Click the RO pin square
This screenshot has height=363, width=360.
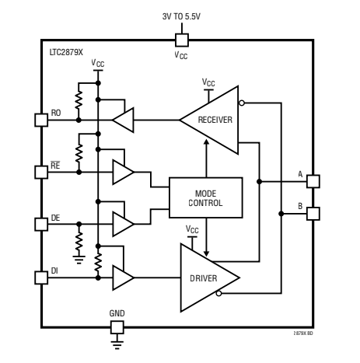click(43, 120)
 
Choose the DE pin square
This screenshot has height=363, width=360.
click(43, 224)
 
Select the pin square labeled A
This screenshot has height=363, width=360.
click(313, 181)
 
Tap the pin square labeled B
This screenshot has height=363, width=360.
click(313, 213)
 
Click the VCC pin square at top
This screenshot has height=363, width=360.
click(181, 39)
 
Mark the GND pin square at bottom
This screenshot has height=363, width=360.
click(117, 327)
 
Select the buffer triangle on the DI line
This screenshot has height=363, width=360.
click(123, 277)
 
